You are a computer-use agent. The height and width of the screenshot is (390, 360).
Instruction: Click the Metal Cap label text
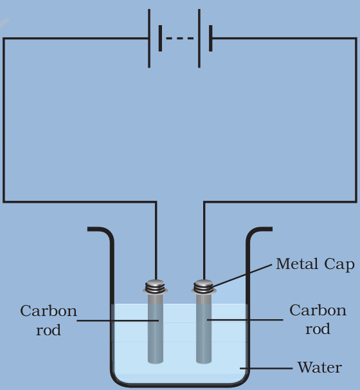click(315, 265)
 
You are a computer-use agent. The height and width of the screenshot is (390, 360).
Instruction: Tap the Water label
click(319, 368)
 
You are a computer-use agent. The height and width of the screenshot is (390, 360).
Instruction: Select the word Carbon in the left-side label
click(48, 311)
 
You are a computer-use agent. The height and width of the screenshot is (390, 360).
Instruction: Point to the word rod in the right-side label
click(318, 329)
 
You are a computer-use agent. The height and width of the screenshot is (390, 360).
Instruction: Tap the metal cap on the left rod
click(155, 286)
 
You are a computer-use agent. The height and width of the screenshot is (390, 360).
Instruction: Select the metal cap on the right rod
click(204, 286)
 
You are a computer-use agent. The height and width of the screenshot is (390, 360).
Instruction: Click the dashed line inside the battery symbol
click(179, 39)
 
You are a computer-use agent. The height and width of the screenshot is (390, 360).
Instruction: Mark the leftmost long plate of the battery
click(150, 39)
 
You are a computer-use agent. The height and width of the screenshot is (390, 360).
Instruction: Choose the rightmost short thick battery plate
click(210, 39)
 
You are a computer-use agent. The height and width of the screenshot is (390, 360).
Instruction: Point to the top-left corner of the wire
click(4, 39)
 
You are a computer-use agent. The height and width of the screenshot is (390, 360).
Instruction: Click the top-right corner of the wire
click(357, 39)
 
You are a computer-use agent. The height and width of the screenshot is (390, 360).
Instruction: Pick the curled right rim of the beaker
click(260, 230)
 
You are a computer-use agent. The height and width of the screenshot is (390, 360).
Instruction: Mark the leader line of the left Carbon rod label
click(116, 320)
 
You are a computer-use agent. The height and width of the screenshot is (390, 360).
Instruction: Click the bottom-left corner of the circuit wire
click(4, 202)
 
